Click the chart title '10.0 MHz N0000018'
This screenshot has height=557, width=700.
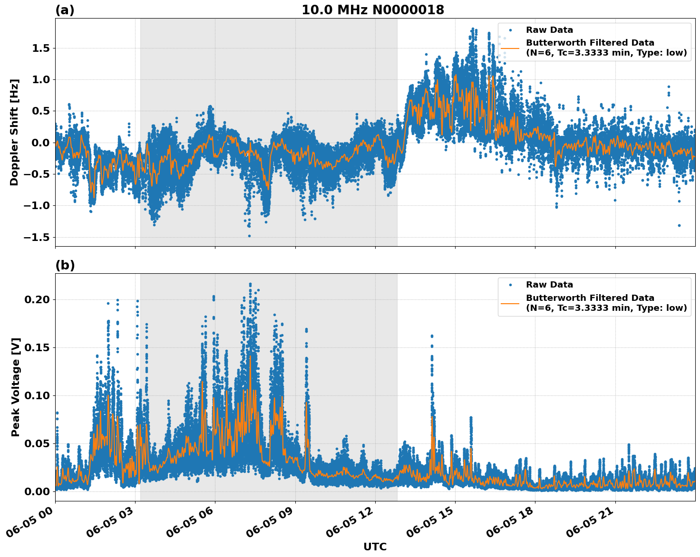(x=372, y=10)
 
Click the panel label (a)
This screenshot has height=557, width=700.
(x=65, y=10)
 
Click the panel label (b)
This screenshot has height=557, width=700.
(x=65, y=265)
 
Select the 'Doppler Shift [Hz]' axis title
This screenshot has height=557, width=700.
(x=15, y=132)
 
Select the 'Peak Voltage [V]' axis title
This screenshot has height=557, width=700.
(x=16, y=387)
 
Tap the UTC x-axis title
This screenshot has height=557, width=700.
(x=375, y=547)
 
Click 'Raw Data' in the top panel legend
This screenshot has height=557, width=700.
(x=549, y=30)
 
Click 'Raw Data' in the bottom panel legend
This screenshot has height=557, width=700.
(x=549, y=285)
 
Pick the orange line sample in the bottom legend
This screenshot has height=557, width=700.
(x=510, y=303)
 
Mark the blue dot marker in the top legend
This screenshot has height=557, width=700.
(x=510, y=30)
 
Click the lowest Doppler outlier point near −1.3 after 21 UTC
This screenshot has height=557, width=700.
(x=679, y=225)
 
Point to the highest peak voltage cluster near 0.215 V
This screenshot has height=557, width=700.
(x=250, y=285)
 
